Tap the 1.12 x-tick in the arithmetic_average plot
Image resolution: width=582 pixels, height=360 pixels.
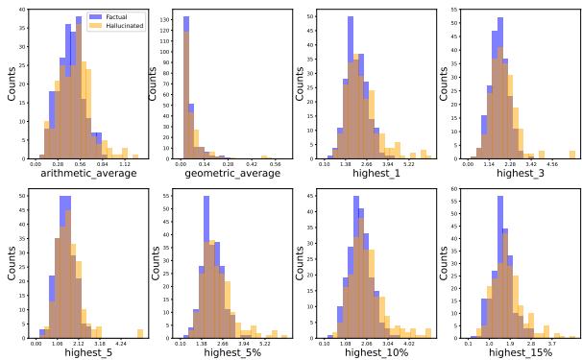[125, 164]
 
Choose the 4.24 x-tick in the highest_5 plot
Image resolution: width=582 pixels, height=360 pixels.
[120, 342]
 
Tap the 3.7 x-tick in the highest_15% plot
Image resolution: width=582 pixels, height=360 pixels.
[549, 342]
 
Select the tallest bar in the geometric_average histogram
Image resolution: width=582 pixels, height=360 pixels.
[182, 86]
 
